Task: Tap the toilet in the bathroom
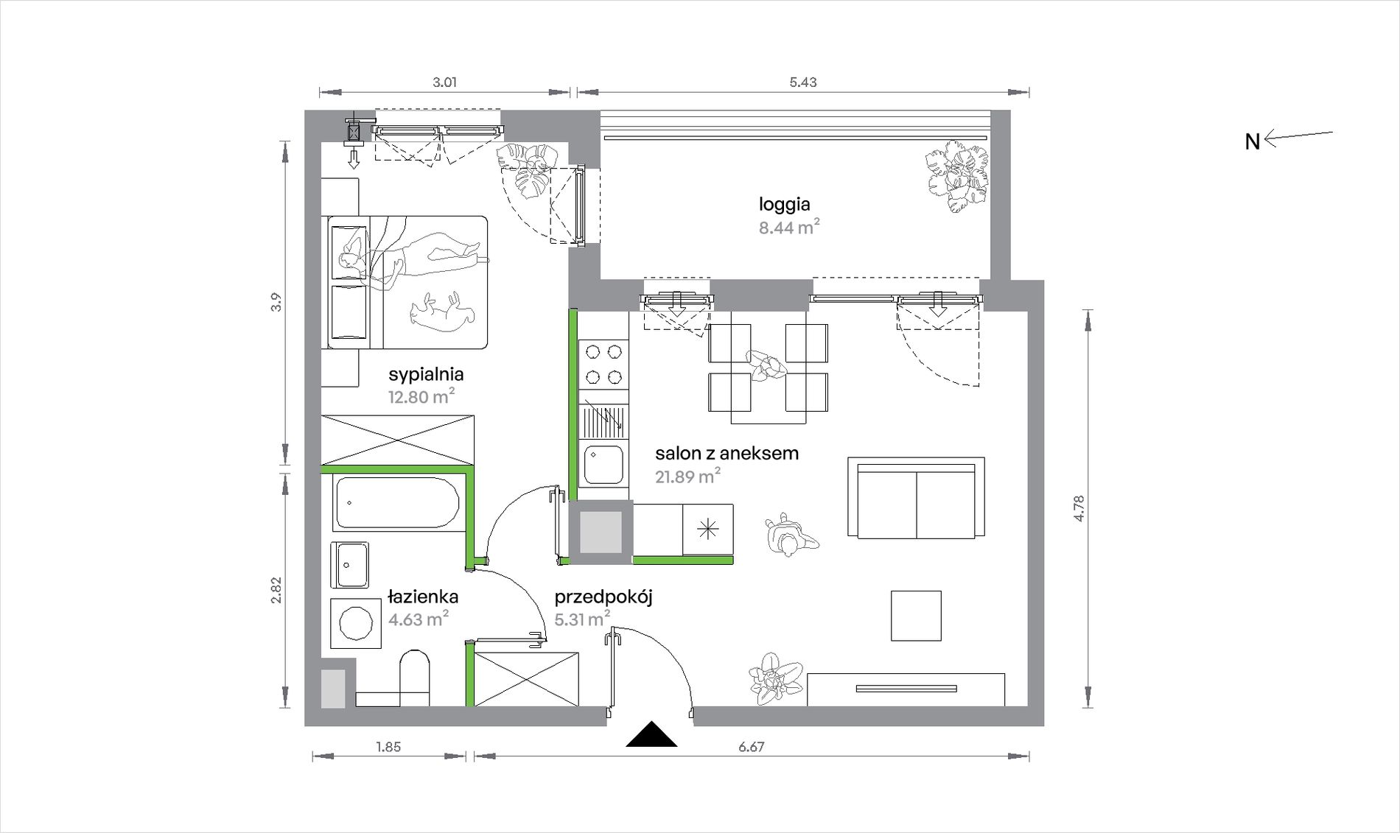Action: pos(414,678)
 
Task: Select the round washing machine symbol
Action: pos(356,623)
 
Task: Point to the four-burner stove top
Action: pos(603,364)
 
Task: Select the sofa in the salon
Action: pos(916,497)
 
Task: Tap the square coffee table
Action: pos(916,616)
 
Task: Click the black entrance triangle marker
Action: pos(651,734)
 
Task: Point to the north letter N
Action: pos(1252,141)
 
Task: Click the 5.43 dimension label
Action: pos(802,82)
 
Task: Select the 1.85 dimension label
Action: pos(388,747)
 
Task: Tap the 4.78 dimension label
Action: pos(1079,508)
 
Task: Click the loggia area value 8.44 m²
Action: pos(789,227)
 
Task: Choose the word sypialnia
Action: pos(426,375)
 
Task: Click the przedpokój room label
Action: pos(603,597)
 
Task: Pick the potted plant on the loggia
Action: pos(956,176)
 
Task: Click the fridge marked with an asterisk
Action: pos(707,530)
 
